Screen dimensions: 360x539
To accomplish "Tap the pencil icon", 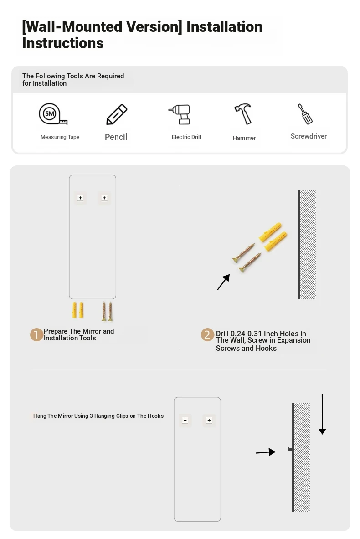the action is pos(117,114).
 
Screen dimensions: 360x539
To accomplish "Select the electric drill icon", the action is pos(180,114).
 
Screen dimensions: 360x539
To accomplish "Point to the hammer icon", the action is pos(243,114).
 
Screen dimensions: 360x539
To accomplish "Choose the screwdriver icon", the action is pos(305,114).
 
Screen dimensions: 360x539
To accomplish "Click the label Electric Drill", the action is pos(186,137).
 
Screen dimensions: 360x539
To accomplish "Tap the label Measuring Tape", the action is pos(60,137).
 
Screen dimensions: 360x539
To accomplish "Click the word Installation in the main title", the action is pos(224,27).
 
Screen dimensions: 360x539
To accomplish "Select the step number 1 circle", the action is pos(36,334).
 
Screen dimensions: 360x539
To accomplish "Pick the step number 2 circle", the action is pos(207,334).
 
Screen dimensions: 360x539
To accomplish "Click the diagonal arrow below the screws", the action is pos(223,282).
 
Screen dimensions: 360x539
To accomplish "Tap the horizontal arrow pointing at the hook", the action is pos(266,452).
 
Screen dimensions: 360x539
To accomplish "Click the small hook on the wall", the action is pos(290,449).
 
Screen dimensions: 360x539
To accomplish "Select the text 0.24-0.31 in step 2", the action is pos(246,334).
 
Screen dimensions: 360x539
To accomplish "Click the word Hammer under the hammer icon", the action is pos(244,138).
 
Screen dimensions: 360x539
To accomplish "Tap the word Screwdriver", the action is pos(309,136).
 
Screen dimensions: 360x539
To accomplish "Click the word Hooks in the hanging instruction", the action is pos(155,416).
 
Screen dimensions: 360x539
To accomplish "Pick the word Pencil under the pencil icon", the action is pos(116,137).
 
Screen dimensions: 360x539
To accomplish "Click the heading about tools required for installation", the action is pos(73,79).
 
